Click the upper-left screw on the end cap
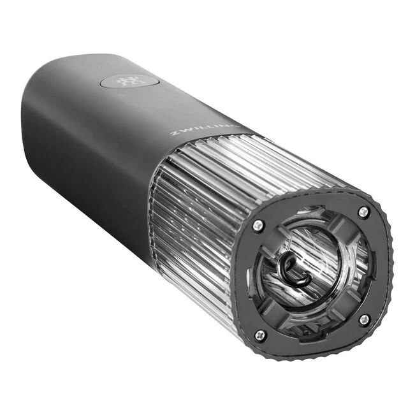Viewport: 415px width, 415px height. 258,224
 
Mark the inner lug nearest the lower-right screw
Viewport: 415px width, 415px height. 348,306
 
